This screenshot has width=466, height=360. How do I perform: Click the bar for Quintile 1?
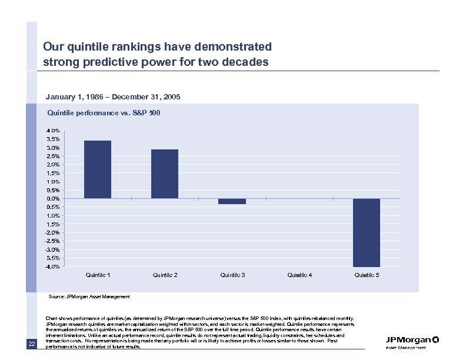point(98,169)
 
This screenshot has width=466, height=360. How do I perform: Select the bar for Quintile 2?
point(165,174)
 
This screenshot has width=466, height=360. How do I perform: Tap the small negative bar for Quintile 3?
point(232,201)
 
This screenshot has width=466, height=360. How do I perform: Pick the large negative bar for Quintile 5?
point(367,232)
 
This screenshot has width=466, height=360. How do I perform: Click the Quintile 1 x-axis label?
point(98,275)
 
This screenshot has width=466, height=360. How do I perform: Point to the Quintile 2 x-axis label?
point(165,275)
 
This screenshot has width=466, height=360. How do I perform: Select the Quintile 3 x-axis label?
point(232,275)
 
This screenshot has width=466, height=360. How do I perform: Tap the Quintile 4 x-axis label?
point(299,275)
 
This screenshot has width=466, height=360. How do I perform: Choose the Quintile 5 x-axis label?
point(367,275)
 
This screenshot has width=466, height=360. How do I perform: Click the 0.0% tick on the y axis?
point(53,199)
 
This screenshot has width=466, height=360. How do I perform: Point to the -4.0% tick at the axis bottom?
point(52,266)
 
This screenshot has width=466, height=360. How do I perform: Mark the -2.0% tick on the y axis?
point(52,233)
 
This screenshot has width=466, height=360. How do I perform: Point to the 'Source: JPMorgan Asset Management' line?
point(89,297)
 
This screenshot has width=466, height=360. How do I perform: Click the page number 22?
point(32,344)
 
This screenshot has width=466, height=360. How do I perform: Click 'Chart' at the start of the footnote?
point(51,318)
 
